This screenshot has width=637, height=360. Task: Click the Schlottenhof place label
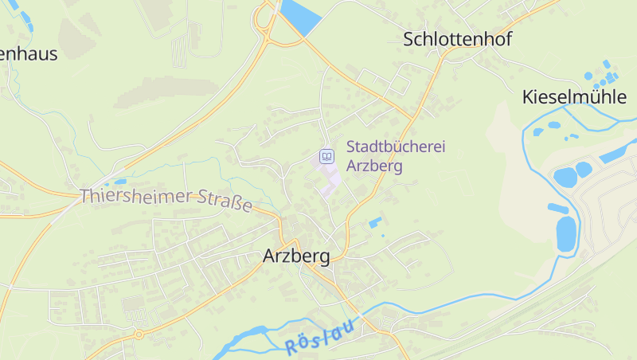pos(457,39)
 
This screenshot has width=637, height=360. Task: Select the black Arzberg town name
pos(296,256)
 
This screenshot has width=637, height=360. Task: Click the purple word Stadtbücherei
pos(396,147)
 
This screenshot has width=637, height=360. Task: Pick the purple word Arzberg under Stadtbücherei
pos(374,166)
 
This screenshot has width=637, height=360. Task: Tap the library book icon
pos(326,156)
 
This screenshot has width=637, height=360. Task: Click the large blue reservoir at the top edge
pos(299,16)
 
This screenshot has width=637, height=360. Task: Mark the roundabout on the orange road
pos(139,335)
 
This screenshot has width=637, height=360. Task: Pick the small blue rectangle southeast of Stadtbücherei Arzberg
pos(374,221)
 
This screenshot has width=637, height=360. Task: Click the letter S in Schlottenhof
pos(409,39)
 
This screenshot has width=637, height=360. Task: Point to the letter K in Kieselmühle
pos(528,98)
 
